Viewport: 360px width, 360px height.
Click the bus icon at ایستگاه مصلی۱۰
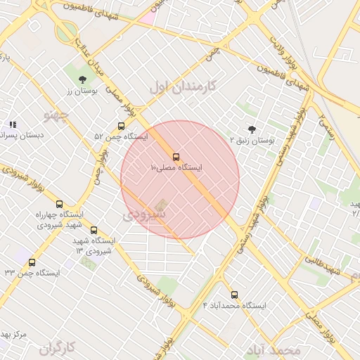(176, 157)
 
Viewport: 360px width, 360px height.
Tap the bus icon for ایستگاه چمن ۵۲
(121, 127)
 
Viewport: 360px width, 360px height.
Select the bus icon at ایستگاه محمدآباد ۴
(234, 295)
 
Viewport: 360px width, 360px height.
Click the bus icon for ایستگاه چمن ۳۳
(32, 262)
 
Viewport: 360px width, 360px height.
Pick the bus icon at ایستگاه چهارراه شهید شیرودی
(59, 204)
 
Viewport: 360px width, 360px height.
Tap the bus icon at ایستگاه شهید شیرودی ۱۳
(94, 230)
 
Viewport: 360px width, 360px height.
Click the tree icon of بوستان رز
(83, 79)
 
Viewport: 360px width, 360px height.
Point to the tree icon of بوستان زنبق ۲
(252, 129)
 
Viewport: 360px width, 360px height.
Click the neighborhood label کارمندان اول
(184, 87)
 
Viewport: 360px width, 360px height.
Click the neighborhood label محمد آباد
(274, 349)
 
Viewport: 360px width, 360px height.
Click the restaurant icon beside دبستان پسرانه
(12, 124)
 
